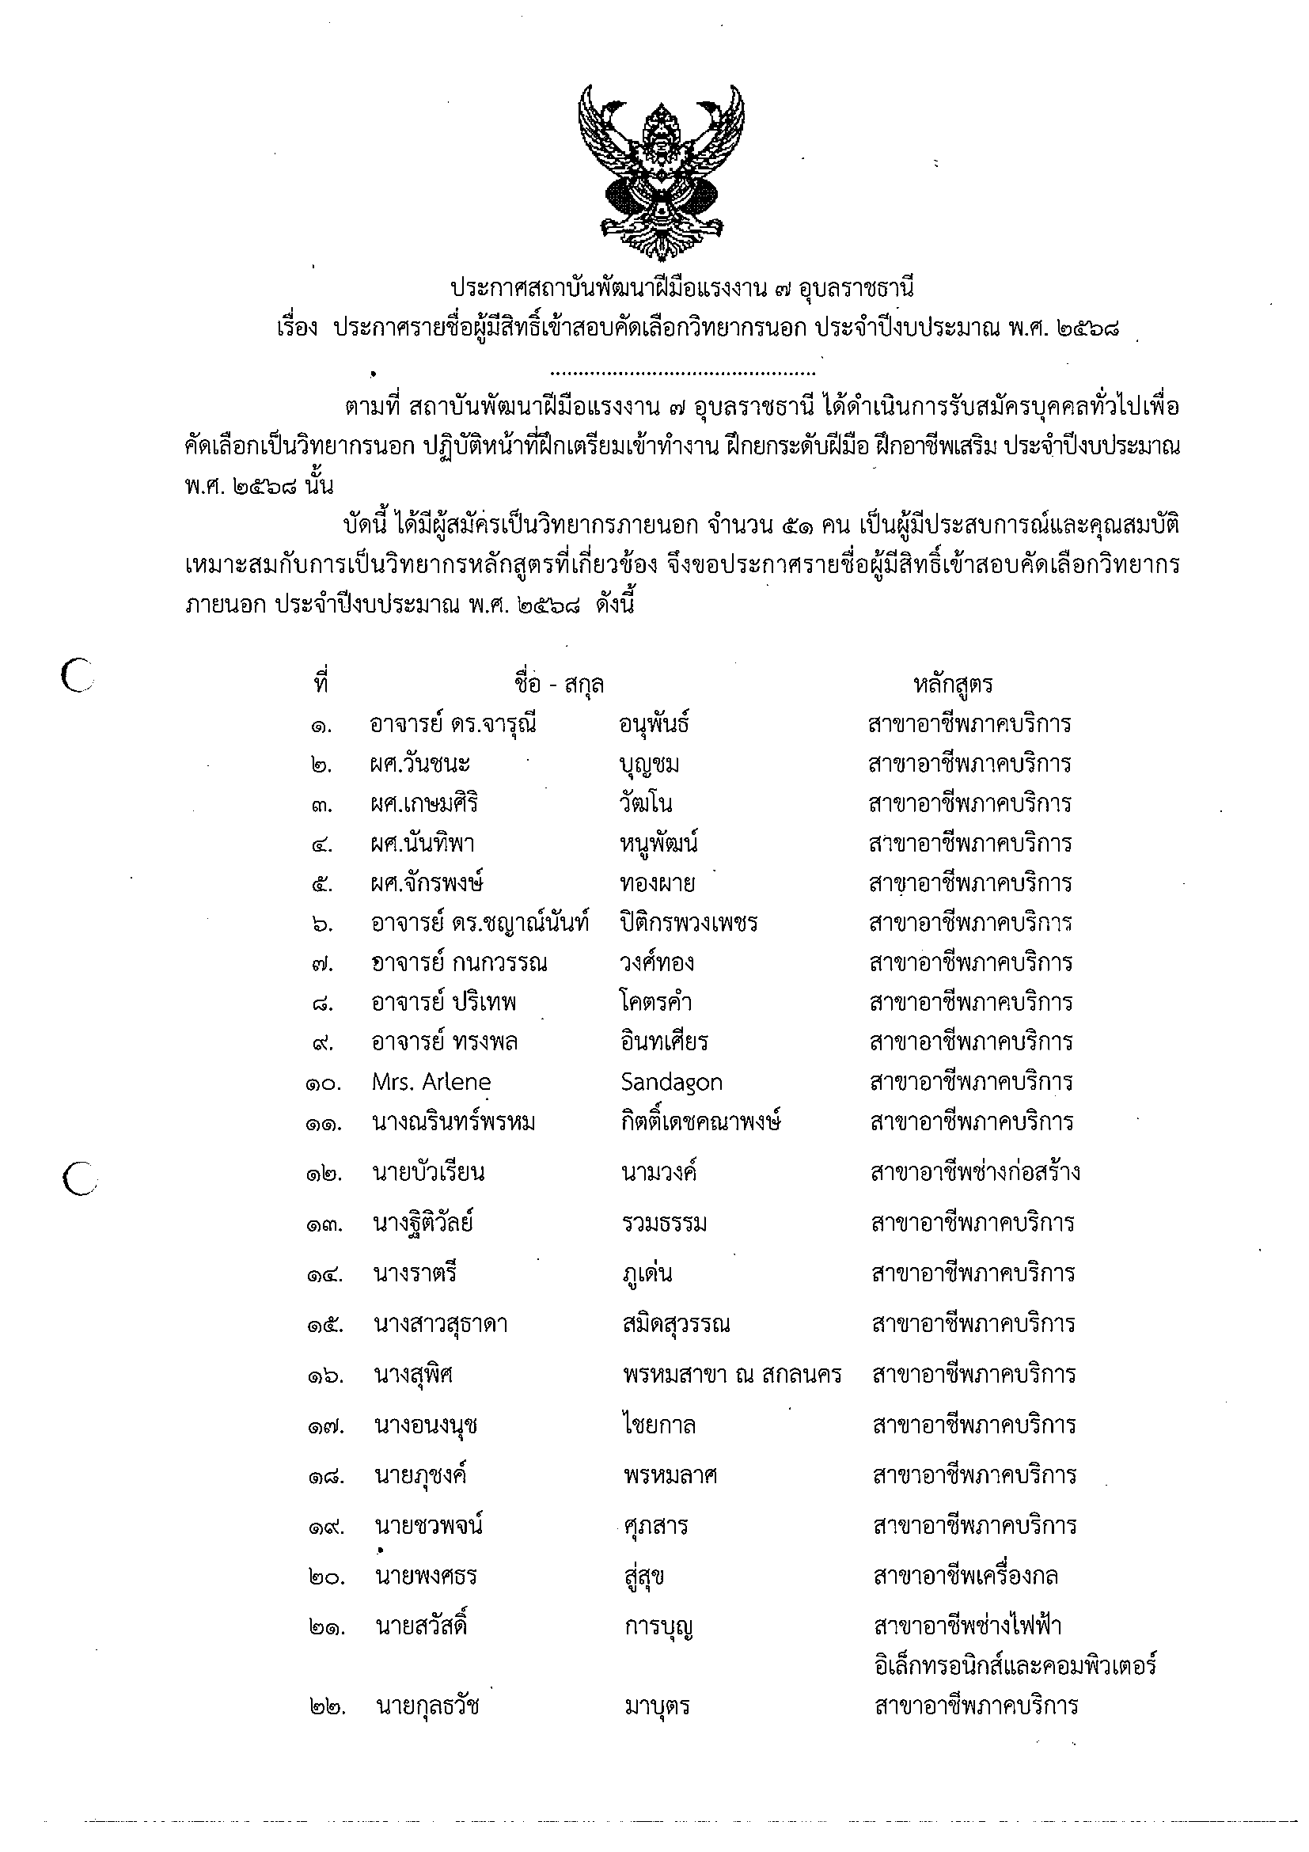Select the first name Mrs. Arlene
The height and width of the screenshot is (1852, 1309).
(431, 1083)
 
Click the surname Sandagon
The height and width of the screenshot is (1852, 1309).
(671, 1083)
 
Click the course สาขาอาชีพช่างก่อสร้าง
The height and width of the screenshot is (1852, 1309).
(975, 1173)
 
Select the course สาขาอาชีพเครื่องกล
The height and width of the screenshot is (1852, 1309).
(966, 1576)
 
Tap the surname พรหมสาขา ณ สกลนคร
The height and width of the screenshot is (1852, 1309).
(731, 1375)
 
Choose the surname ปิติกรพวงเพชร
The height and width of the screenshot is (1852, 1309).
(688, 923)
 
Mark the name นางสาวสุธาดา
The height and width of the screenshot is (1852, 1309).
(440, 1324)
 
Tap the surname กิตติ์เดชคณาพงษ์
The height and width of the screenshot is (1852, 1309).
(701, 1123)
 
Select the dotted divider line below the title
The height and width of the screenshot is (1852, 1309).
(681, 374)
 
